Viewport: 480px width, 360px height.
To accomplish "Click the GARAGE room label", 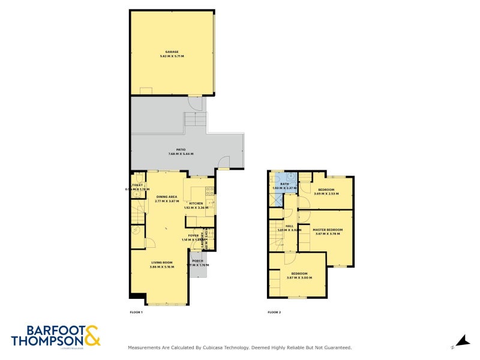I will (x=172, y=52).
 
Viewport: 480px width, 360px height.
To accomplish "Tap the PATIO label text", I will (x=181, y=149).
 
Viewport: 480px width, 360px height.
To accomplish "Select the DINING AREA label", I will (x=166, y=197).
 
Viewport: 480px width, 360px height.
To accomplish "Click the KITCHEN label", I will (x=196, y=203).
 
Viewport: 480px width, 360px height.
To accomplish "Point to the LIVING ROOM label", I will (x=161, y=262).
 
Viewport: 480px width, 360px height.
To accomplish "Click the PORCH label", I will (x=197, y=260).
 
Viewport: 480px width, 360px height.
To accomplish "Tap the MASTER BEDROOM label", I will (x=328, y=230).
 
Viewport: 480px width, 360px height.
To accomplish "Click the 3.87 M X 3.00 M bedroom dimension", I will (x=299, y=277).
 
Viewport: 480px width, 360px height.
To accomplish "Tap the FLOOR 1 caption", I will (x=136, y=313).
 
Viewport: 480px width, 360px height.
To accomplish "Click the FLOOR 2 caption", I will (x=274, y=313).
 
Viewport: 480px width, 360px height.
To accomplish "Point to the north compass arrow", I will (x=461, y=341).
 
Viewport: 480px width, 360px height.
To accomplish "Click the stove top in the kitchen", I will (x=209, y=191).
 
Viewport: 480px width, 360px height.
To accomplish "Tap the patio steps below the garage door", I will (x=194, y=120).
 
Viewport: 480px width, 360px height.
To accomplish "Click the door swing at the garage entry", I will (x=195, y=103).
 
